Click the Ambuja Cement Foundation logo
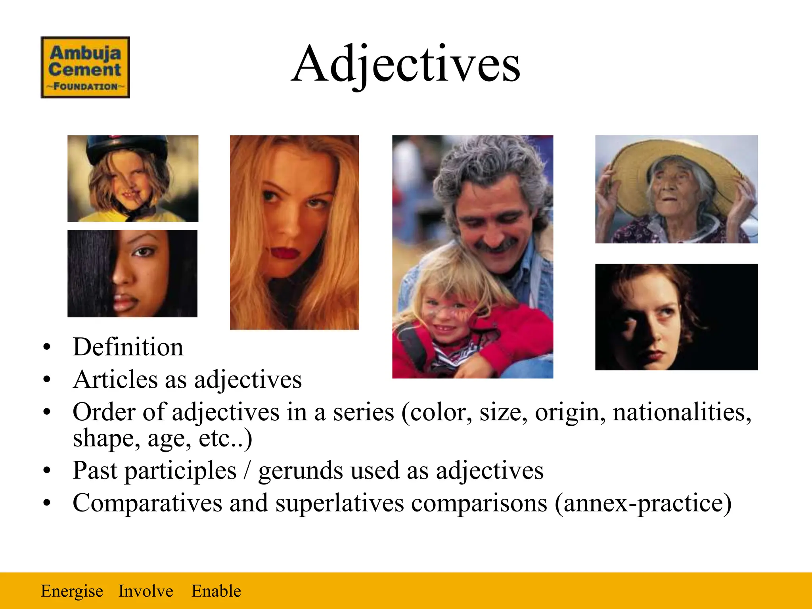[x=85, y=67]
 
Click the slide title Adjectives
[x=405, y=64]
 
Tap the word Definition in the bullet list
[x=128, y=347]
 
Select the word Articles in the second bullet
[x=115, y=379]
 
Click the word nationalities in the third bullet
[x=682, y=412]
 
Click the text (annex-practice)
[x=643, y=504]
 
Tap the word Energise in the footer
[x=72, y=591]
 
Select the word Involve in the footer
[x=146, y=591]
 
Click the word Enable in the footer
[x=216, y=591]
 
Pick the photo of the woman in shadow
[x=676, y=317]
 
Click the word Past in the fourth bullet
[x=95, y=471]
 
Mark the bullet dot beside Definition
[x=47, y=347]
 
